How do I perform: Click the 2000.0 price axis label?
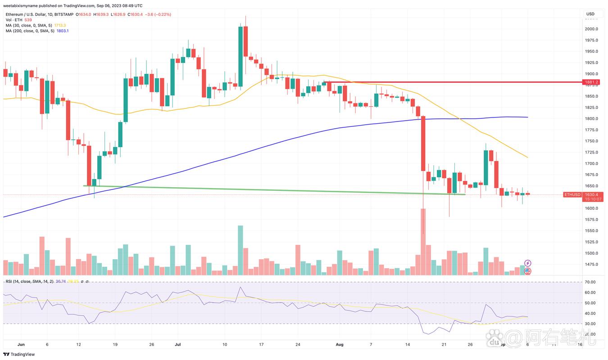point(591,29)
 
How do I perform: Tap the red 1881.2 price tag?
point(591,82)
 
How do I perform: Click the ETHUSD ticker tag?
point(572,195)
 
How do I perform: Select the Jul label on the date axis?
point(177,344)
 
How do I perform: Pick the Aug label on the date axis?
point(340,344)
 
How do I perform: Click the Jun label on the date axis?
point(21,344)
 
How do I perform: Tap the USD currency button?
point(590,14)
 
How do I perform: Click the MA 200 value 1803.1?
point(62,31)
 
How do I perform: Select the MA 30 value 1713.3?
point(59,25)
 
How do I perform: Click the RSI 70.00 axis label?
point(590,282)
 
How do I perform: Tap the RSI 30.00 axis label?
point(590,324)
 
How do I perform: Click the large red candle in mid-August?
point(423,144)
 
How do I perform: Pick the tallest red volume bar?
point(423,242)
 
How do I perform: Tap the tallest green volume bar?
point(240,250)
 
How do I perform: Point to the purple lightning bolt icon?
point(528,263)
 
